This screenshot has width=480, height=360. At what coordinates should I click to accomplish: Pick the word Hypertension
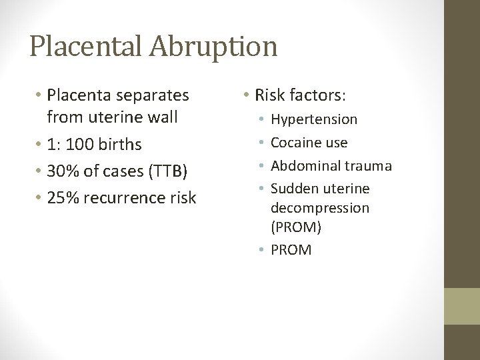(x=314, y=119)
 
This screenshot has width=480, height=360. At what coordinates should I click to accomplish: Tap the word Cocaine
(x=296, y=143)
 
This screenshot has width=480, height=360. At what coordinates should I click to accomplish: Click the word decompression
(x=319, y=208)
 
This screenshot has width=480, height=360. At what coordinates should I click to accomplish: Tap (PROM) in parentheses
(x=296, y=227)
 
